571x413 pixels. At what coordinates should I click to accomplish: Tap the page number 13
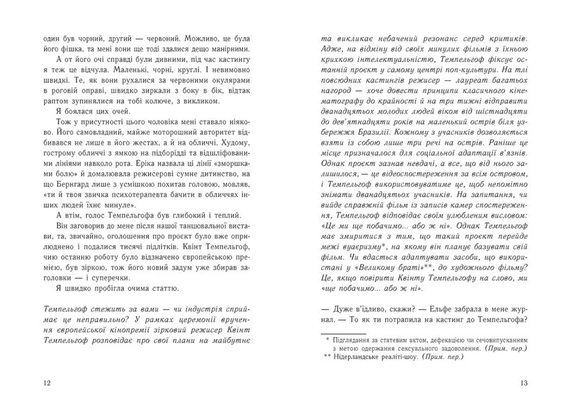pos(524,384)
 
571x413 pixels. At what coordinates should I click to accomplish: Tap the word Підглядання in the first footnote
pos(357,339)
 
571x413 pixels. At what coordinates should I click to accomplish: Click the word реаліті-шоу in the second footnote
pos(419,359)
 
